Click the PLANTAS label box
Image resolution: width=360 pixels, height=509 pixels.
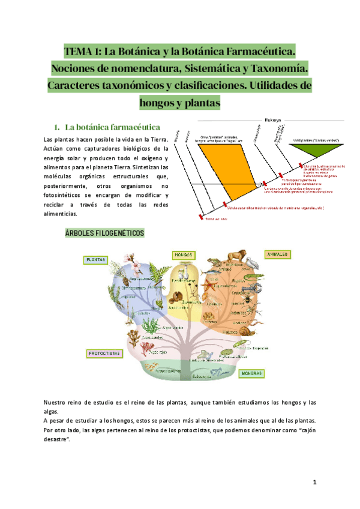point(96,260)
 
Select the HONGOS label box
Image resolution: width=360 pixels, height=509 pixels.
point(183,255)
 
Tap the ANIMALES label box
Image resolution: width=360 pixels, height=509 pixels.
point(277,254)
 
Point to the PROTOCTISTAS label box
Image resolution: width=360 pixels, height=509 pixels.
point(104,354)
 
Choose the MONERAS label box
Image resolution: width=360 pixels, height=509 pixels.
point(253,373)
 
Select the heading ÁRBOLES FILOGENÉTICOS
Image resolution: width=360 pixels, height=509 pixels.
point(104,233)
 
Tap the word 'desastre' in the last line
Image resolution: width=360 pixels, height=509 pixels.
point(56,440)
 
